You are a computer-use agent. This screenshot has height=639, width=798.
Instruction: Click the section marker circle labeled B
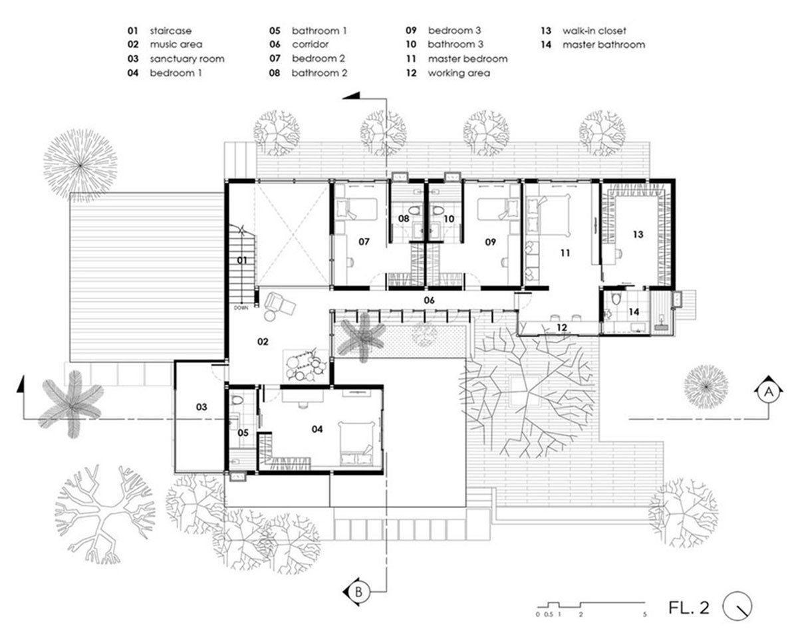point(358,590)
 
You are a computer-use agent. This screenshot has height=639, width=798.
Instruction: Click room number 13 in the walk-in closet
point(638,234)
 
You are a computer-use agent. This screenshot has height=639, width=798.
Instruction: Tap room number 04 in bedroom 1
point(317,429)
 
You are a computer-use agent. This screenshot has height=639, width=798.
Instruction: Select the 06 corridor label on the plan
point(430,301)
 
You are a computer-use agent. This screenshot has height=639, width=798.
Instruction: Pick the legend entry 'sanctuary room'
point(187,59)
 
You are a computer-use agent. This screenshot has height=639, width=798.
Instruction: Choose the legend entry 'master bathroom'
point(603,45)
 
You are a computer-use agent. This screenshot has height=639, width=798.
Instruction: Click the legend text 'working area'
point(459,73)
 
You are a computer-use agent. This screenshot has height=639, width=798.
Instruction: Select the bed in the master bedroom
point(553,215)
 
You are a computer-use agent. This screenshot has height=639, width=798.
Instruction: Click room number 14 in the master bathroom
point(634,312)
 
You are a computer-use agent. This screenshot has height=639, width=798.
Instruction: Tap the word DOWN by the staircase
point(240,308)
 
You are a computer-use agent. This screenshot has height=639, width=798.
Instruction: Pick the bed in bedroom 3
point(493,211)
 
